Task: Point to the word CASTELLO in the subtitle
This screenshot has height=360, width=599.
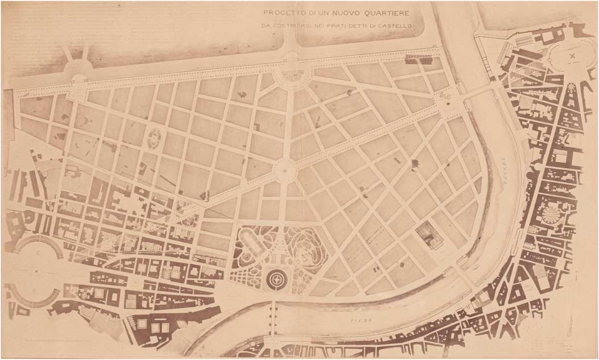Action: click(393, 26)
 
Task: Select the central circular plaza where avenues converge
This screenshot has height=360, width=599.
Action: click(284, 169)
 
